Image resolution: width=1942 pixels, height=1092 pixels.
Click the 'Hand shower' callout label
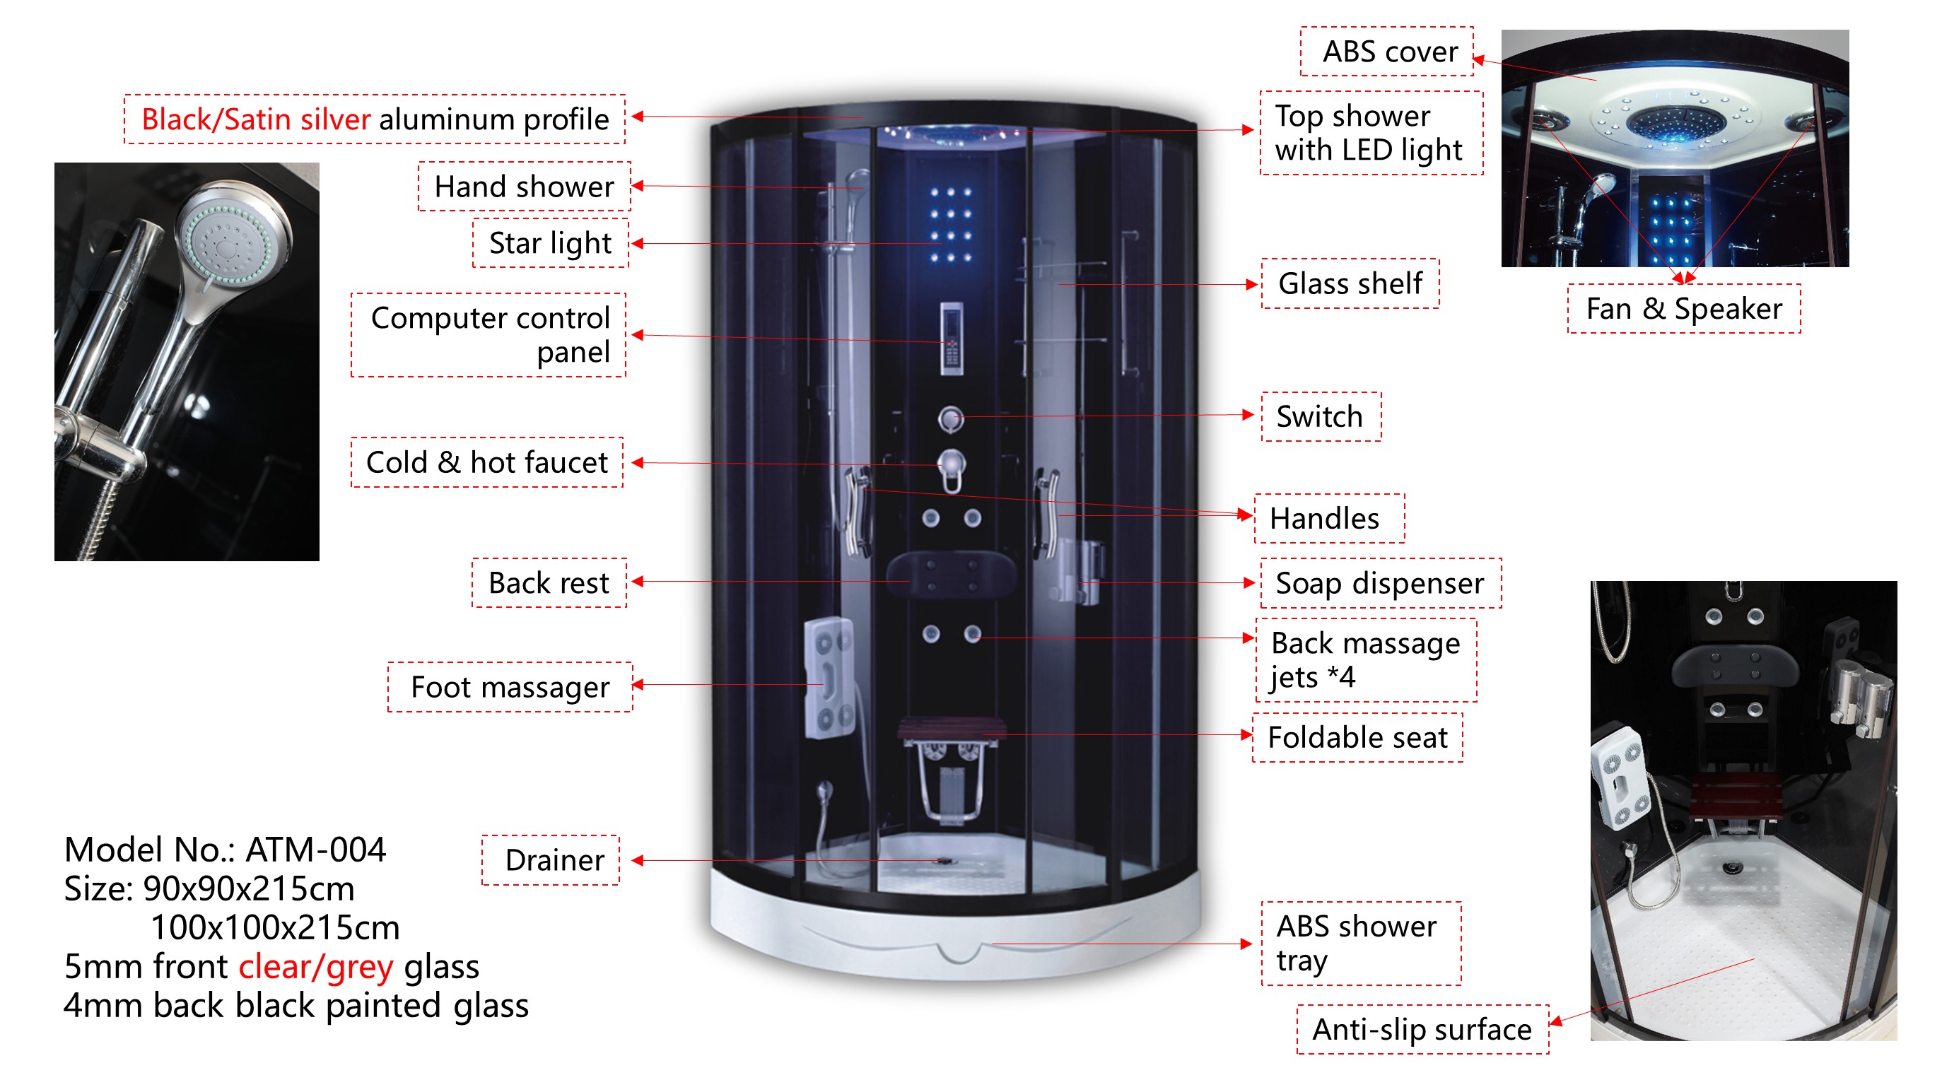(524, 186)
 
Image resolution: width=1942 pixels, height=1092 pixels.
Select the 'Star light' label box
(549, 242)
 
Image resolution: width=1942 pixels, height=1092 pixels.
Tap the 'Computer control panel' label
(489, 334)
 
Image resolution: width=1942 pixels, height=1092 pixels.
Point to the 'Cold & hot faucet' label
(486, 462)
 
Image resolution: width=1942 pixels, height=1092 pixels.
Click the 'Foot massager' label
(510, 686)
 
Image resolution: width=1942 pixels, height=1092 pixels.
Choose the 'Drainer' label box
(554, 860)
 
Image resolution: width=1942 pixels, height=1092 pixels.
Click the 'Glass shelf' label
(1350, 283)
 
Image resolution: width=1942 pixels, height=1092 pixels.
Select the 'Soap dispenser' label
(1379, 582)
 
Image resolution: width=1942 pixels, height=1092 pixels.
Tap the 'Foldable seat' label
(1357, 737)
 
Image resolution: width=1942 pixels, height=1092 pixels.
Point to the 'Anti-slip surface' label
(1422, 1028)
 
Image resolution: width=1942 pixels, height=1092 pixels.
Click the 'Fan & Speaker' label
(1683, 308)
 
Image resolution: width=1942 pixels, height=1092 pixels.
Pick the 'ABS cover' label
(1389, 52)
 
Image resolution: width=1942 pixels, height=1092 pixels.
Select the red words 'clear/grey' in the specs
(316, 967)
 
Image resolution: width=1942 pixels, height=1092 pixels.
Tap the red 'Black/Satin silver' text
(257, 119)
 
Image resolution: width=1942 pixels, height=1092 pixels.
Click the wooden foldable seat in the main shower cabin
(952, 729)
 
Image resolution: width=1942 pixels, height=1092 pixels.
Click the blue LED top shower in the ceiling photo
(1675, 124)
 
